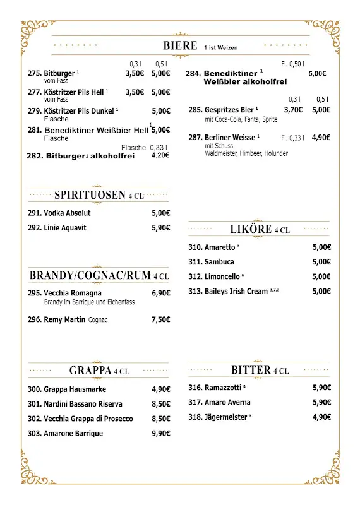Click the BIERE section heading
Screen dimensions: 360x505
pos(180,45)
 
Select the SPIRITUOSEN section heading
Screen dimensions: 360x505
pos(90,195)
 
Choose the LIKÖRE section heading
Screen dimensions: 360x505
pos(251,230)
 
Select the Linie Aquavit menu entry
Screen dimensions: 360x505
pos(65,228)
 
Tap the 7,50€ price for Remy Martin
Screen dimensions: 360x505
pos(161,319)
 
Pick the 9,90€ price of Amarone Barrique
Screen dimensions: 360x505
pos(161,433)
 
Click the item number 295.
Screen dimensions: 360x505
pos(35,293)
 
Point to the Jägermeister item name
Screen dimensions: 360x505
pos(225,417)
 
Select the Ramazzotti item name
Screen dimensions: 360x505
pos(224,388)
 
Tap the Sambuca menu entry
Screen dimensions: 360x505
pos(219,262)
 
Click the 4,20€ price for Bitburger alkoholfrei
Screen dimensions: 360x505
pos(160,155)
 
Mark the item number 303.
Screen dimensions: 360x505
pos(35,433)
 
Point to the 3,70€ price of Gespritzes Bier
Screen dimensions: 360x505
pos(293,109)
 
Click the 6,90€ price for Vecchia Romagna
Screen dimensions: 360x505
pos(161,293)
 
